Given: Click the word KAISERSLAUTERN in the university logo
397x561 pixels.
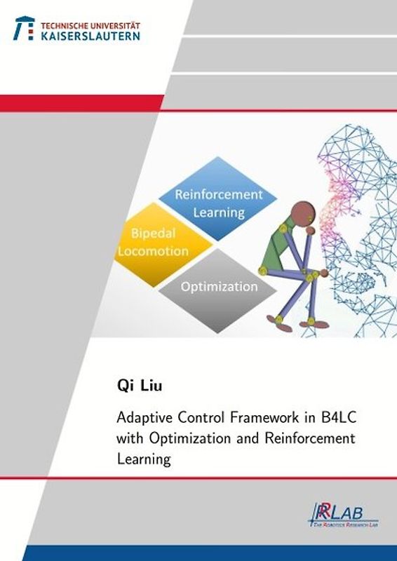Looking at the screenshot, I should (x=90, y=34).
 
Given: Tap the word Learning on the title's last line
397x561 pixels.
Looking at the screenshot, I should (x=144, y=460).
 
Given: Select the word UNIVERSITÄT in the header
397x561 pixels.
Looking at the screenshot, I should (x=114, y=23).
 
